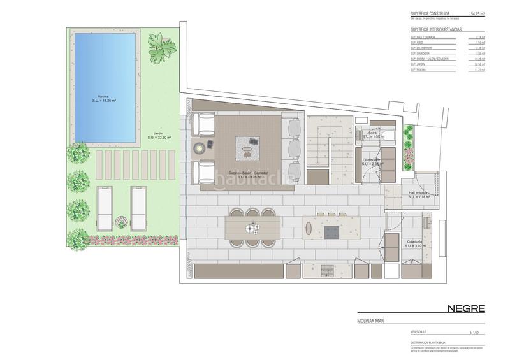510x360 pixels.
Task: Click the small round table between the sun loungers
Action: point(122,221)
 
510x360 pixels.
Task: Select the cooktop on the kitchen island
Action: point(332,231)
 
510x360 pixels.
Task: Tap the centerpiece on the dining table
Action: point(254,226)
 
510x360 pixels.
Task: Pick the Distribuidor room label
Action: point(372,162)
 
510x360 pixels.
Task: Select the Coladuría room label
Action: point(418,243)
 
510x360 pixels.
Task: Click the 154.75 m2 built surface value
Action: point(477,13)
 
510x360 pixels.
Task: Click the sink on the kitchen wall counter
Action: point(328,270)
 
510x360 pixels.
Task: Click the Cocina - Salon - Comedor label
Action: point(244,174)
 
